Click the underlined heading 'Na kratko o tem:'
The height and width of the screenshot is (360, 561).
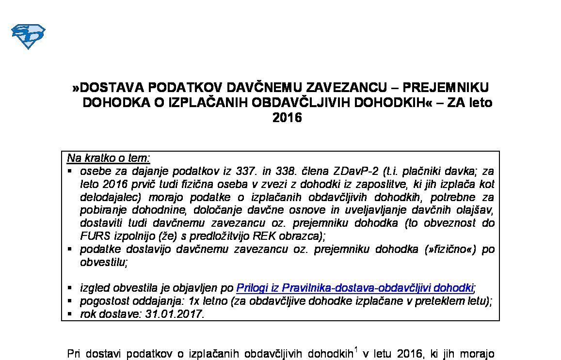point(109,158)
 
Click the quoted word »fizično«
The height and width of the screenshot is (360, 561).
point(450,249)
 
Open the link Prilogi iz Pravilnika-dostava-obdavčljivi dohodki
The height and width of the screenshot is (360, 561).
point(354,288)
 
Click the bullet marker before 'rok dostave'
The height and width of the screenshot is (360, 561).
point(70,314)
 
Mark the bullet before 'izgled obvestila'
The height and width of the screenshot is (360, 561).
point(70,288)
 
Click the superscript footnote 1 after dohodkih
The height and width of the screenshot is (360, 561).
point(355,349)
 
